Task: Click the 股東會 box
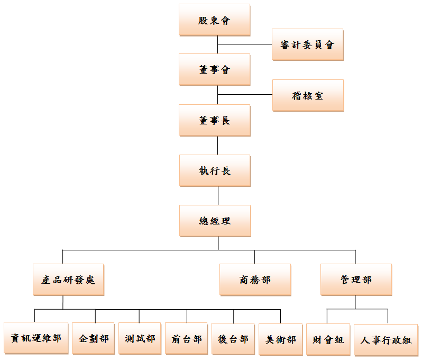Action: coord(214,20)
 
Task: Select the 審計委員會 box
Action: coord(307,44)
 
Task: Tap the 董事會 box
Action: coord(214,69)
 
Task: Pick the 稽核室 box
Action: coord(308,95)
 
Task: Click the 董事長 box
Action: coord(214,120)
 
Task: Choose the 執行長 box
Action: coord(214,170)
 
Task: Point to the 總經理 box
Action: coord(215,221)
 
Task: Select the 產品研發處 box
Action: coord(68,280)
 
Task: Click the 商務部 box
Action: coord(255,280)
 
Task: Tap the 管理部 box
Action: coord(356,280)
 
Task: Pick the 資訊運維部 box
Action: coord(36,338)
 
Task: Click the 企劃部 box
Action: coord(94,338)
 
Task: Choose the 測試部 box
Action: coord(140,338)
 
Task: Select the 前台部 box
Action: coord(187,338)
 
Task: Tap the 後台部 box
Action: coord(233,338)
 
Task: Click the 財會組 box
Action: coord(328,339)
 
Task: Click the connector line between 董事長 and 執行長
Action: coord(218,146)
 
